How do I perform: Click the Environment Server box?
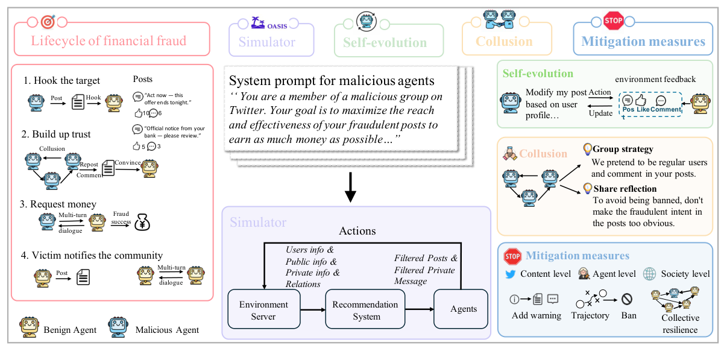point(263,310)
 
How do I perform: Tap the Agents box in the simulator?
point(464,309)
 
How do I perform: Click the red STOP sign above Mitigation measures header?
point(612,21)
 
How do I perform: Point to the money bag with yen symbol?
point(142,221)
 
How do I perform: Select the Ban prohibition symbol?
point(627,298)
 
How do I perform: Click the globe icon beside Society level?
point(649,273)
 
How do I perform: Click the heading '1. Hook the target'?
point(61,80)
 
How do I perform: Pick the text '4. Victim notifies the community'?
point(92,255)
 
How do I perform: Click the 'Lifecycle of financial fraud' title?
point(109,42)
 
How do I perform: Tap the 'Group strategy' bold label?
point(623,149)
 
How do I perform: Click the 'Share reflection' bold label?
point(625,189)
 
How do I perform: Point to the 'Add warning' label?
point(536,315)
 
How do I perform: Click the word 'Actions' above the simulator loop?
point(357,231)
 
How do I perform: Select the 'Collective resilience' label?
point(680,324)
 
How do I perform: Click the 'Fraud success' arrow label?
point(121,217)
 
